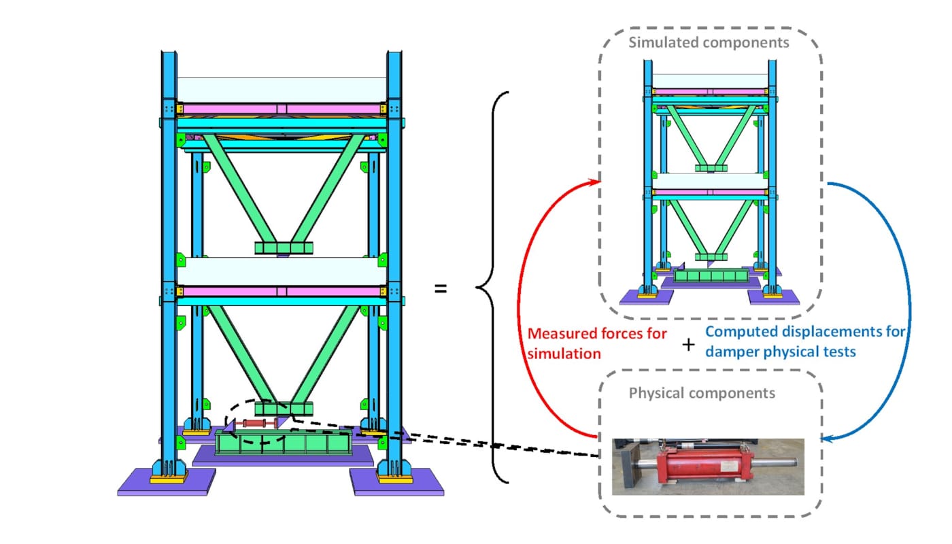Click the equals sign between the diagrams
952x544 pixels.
click(441, 289)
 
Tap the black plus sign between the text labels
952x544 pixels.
click(688, 345)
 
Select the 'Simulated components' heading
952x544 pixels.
click(709, 43)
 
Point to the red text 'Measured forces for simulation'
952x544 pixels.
click(597, 343)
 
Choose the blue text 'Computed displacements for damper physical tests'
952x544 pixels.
click(805, 341)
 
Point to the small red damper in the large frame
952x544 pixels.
click(258, 424)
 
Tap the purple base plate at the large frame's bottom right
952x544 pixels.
click(398, 482)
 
